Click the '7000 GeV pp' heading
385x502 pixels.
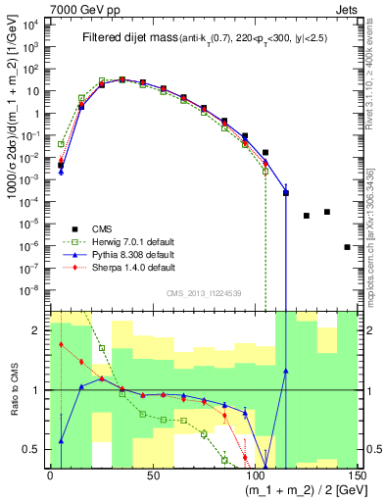tap(76, 9)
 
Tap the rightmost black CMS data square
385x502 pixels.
tap(347, 247)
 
